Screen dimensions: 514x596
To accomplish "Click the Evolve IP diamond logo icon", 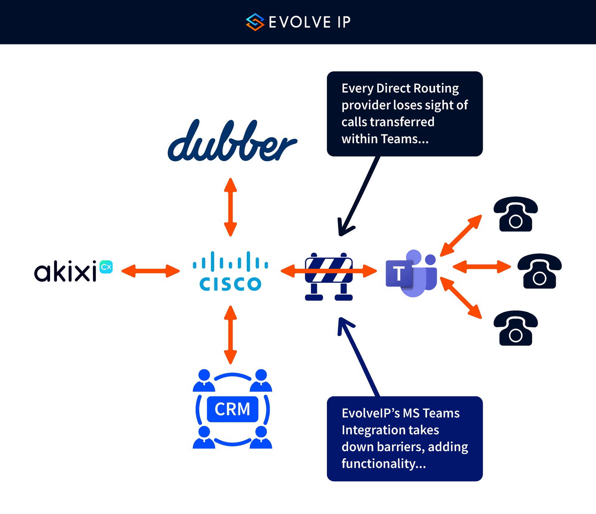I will pos(255,22).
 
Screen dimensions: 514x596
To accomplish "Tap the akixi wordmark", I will pos(65,271).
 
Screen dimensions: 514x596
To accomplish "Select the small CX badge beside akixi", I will pos(106,267).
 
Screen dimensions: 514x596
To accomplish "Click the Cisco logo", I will pos(230,271).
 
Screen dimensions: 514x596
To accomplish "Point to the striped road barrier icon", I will pos(329,277).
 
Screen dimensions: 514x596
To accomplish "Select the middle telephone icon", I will pos(539,271).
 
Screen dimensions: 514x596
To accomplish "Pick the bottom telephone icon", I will pos(516,328).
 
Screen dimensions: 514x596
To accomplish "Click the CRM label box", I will pos(232,409).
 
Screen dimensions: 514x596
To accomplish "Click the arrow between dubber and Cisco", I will pos(230,207).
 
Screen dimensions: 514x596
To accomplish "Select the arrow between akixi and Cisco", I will pos(150,271).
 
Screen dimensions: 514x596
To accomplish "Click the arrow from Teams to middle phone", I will pos(482,267).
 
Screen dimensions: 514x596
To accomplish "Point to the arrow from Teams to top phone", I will pos(461,236).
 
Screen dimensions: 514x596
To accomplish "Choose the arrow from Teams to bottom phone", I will pos(461,298).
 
